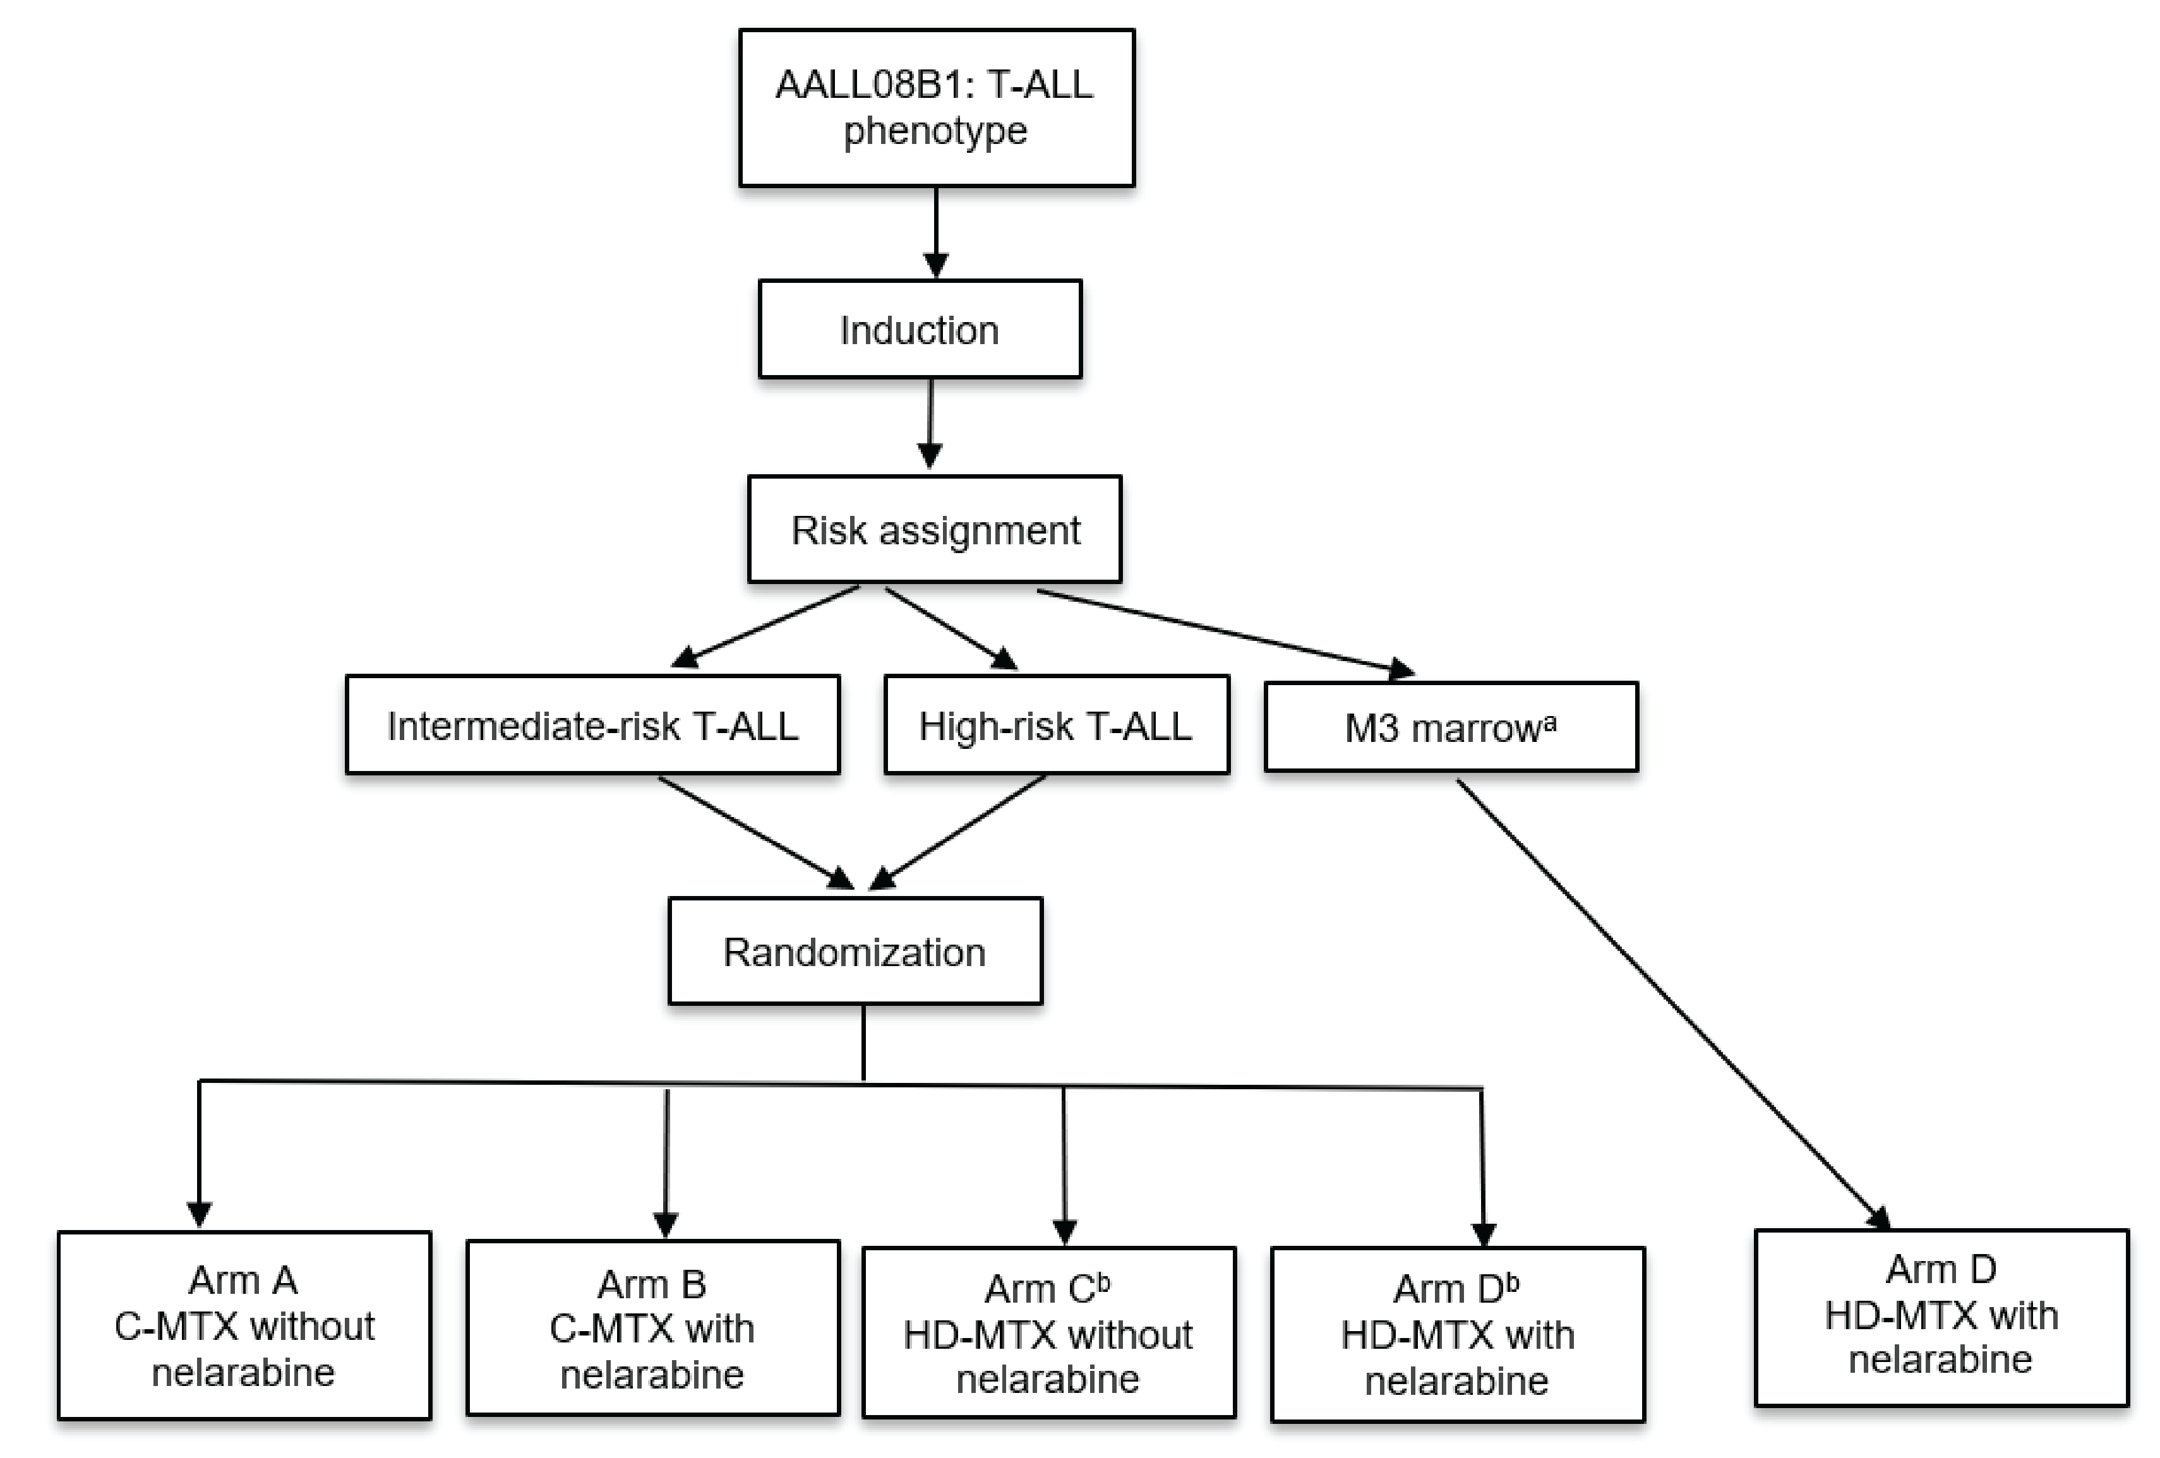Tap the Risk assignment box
(934, 530)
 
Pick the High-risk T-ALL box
(1056, 726)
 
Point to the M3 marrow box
(1450, 727)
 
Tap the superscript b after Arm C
(1103, 1283)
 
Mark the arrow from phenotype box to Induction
(936, 232)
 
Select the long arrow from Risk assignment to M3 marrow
(1227, 631)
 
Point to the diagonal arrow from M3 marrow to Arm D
(1673, 1003)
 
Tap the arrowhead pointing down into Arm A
(199, 1212)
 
